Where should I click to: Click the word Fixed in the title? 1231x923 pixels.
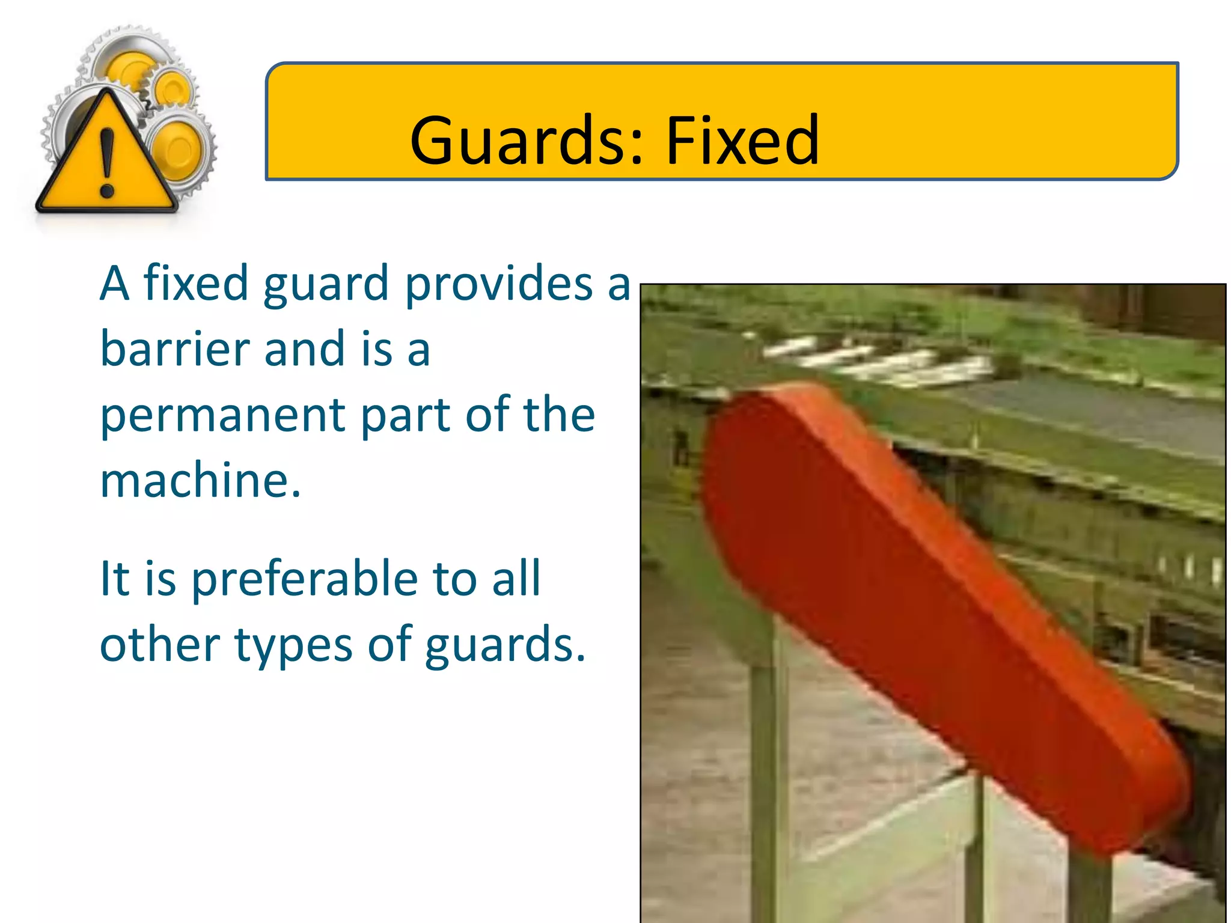tap(742, 141)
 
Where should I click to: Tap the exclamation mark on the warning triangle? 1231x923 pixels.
tap(108, 162)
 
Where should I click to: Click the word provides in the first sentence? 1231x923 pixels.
tap(499, 284)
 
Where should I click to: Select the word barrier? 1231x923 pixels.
tap(174, 349)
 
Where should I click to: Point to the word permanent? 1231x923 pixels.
tap(222, 416)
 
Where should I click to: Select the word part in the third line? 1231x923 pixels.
tap(406, 416)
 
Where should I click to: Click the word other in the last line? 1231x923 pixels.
tap(159, 645)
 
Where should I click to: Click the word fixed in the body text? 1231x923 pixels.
tap(195, 283)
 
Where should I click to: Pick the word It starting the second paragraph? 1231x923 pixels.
tap(114, 579)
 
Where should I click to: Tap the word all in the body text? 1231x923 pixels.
tap(516, 579)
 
